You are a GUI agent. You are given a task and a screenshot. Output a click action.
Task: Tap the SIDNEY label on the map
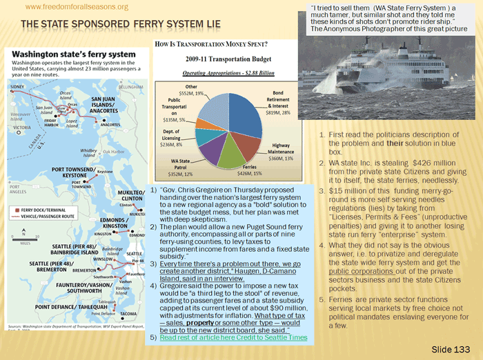tap(17, 86)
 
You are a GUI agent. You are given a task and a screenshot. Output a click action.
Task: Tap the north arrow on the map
tap(19, 233)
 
